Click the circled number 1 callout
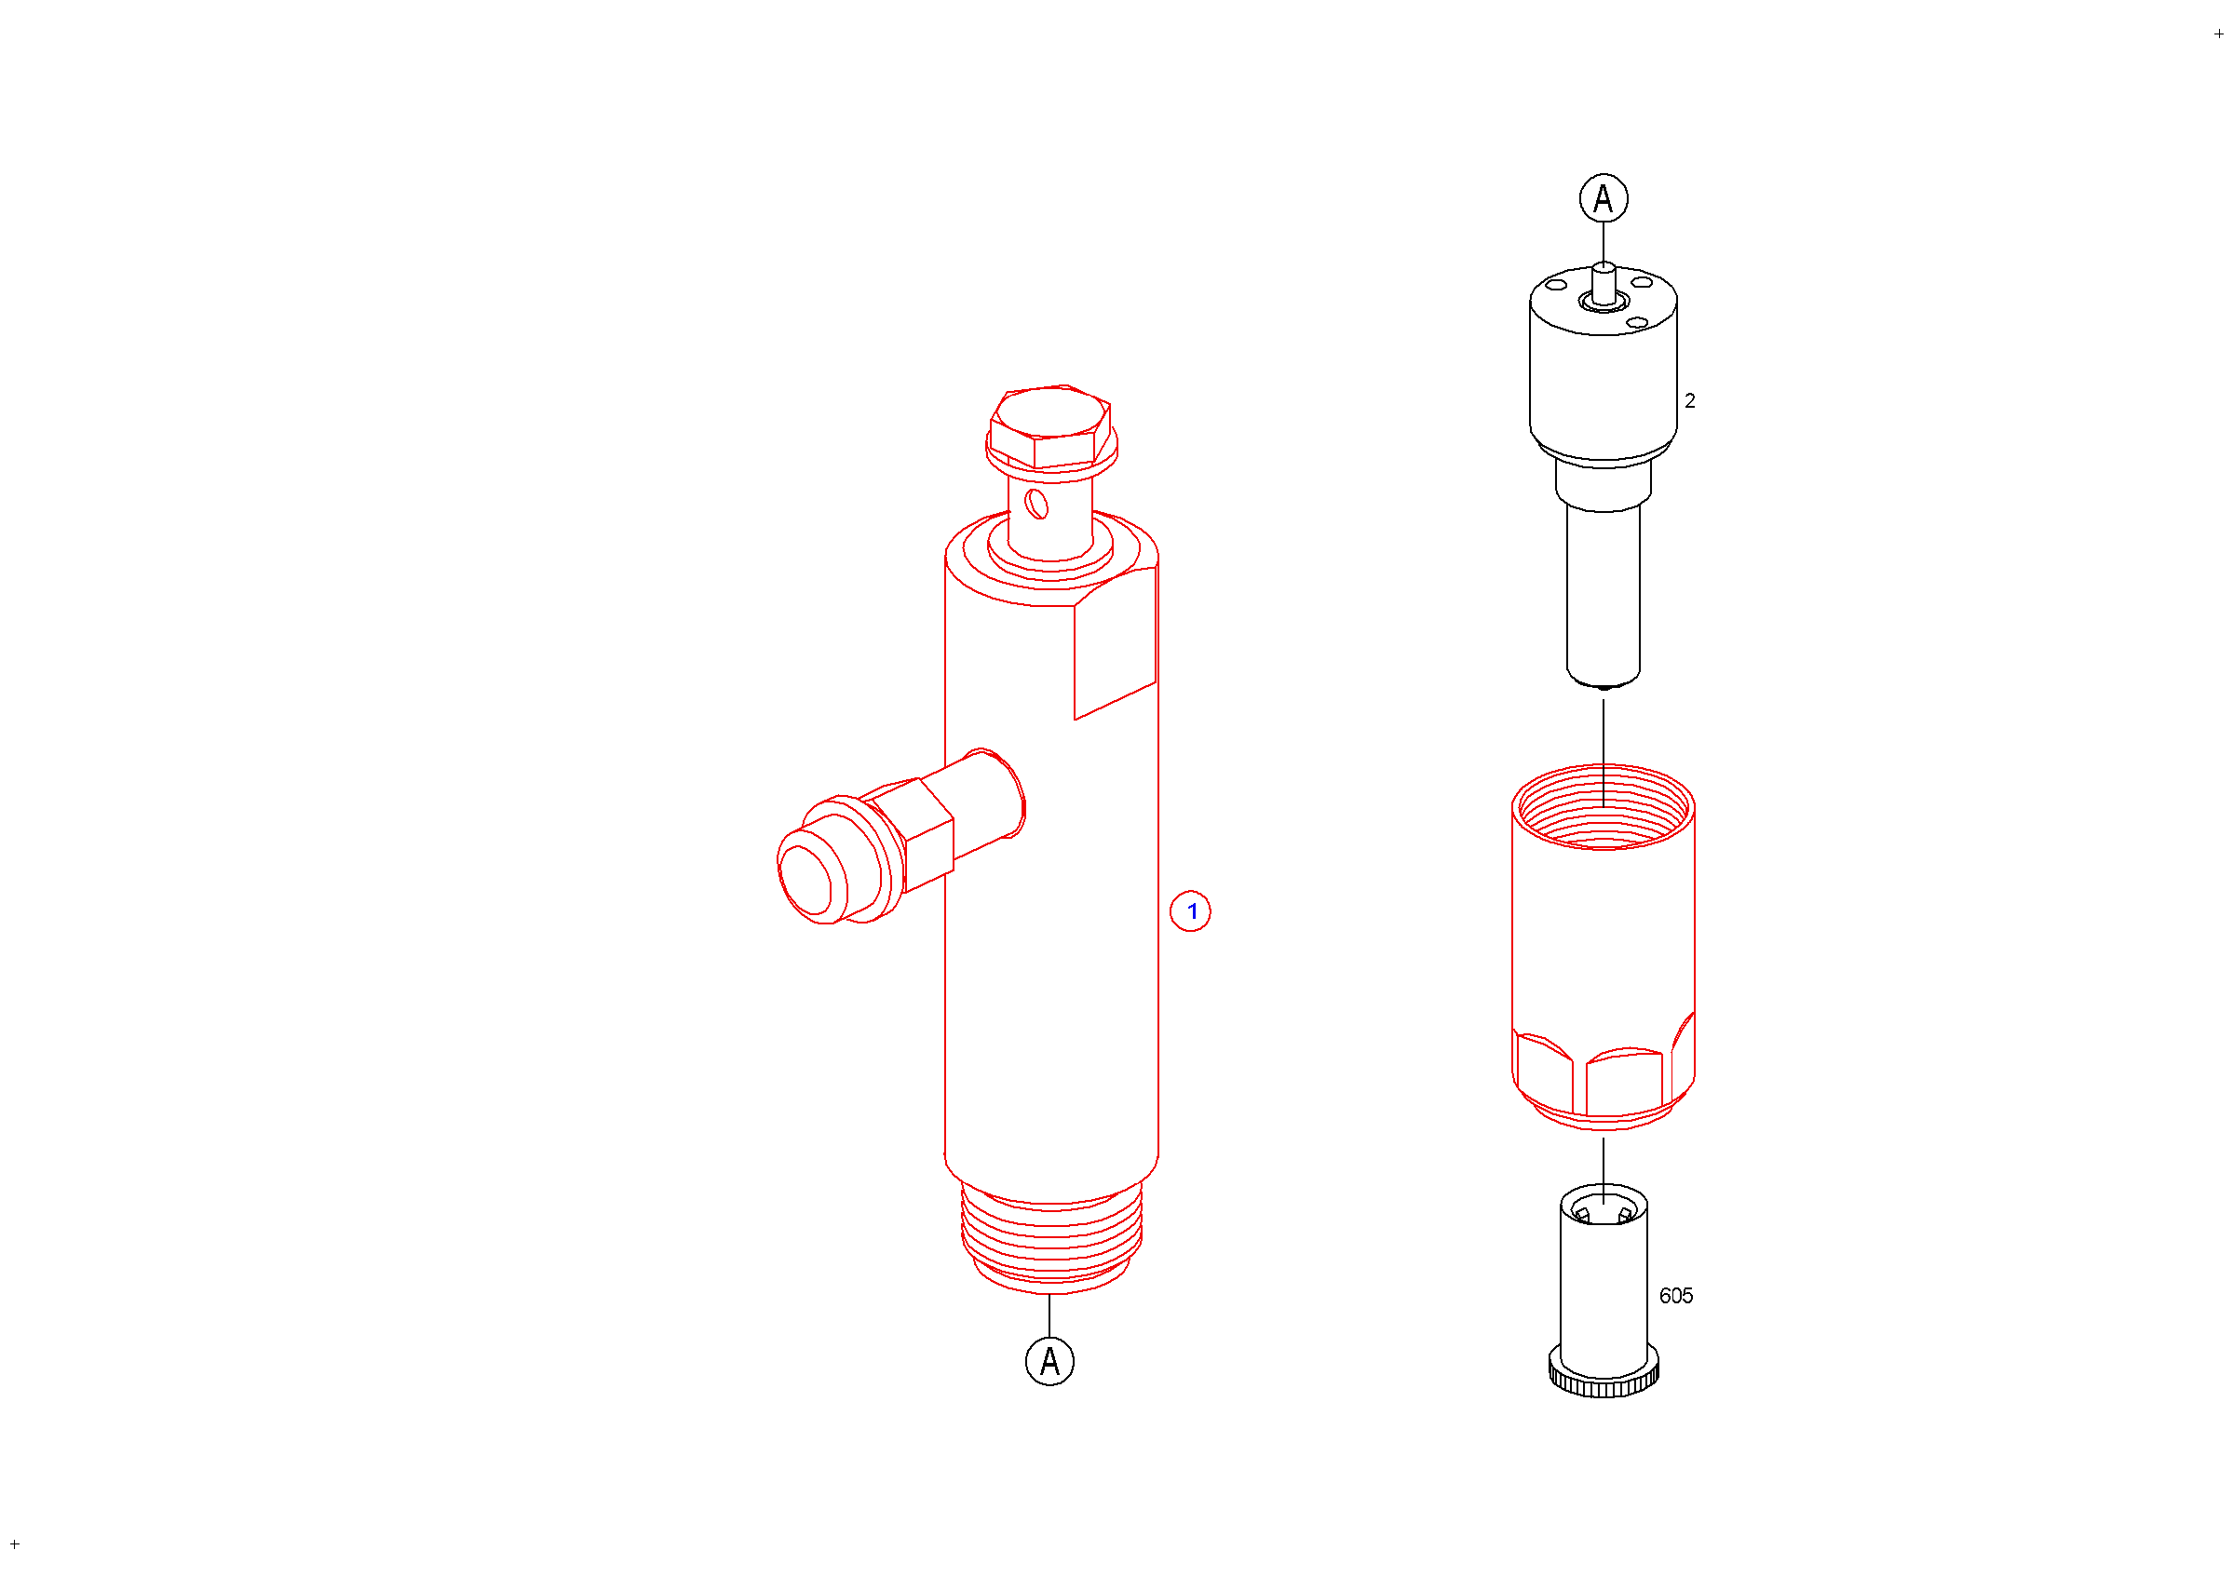pos(1190,912)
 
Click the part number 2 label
pos(1690,400)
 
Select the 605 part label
pos(1676,1296)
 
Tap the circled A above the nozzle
pos(1604,198)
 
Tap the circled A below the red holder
pos(1050,1361)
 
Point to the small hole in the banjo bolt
pos(1036,504)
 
